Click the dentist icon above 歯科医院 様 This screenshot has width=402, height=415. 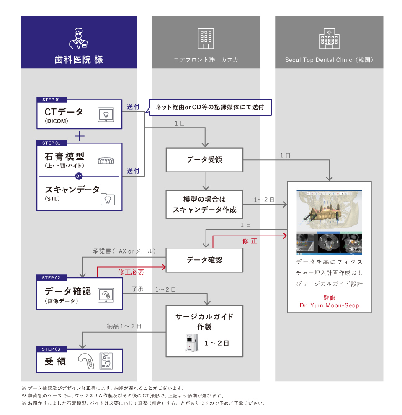[79, 38]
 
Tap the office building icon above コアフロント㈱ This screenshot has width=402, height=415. [206, 38]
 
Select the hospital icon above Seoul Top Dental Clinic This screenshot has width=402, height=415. [329, 38]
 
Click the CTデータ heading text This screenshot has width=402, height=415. [64, 112]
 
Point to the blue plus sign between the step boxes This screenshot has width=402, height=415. [79, 136]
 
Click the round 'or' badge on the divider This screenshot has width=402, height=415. [79, 176]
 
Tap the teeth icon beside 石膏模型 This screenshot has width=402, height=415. [106, 161]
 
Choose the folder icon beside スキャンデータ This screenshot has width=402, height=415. [108, 199]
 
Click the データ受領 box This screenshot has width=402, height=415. [204, 160]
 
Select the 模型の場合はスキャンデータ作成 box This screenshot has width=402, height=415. [204, 204]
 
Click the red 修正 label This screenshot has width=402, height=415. [250, 241]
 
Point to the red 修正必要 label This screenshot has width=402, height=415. [131, 272]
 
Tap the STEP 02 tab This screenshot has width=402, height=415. [52, 278]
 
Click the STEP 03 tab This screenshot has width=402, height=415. [52, 349]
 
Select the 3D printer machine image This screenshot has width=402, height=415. [191, 343]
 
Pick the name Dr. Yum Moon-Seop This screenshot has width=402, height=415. [329, 305]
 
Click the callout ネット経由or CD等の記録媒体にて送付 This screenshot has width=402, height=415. [210, 107]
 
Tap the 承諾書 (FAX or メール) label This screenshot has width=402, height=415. [124, 251]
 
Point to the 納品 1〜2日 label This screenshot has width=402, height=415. [124, 326]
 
